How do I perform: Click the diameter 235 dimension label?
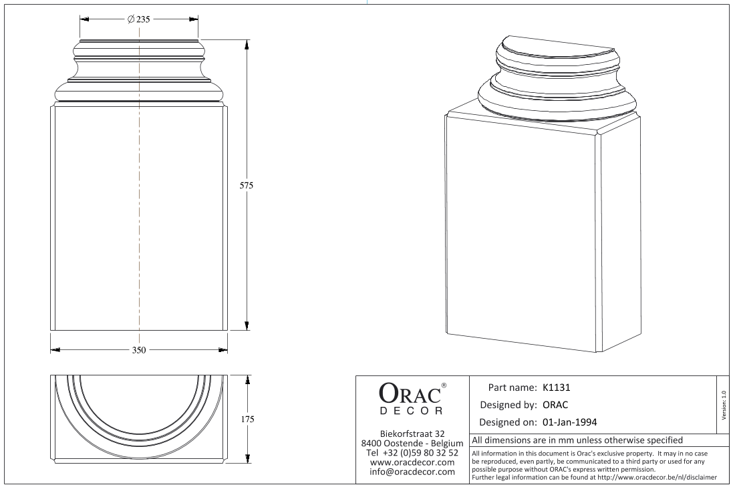[x=139, y=19]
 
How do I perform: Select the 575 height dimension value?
[x=247, y=185]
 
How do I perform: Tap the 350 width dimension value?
[x=139, y=350]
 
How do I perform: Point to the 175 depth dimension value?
[x=247, y=419]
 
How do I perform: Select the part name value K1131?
[x=557, y=387]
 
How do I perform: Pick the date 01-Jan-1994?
[x=569, y=422]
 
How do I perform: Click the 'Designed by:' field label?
[x=508, y=405]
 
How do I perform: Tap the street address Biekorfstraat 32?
[x=412, y=434]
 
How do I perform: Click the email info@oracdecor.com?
[x=412, y=472]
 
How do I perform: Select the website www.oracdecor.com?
[x=412, y=462]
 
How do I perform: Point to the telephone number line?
[x=412, y=453]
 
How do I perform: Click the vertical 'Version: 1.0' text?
[x=724, y=405]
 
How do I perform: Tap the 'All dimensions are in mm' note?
[x=577, y=440]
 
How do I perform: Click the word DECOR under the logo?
[x=411, y=411]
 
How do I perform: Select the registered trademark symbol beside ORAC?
[x=444, y=385]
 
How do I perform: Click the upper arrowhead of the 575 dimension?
[x=247, y=44]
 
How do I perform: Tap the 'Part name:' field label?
[x=512, y=387]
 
